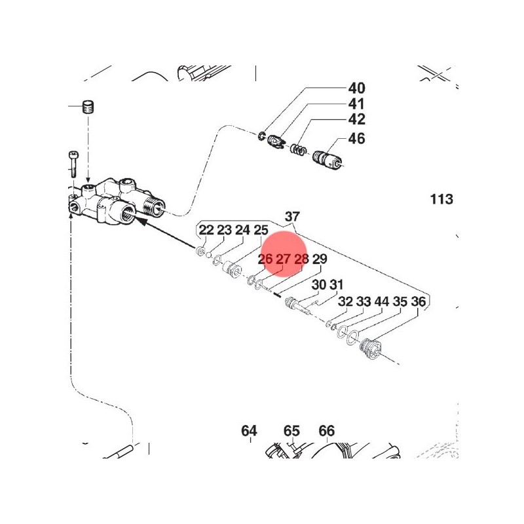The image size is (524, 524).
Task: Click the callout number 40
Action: click(x=356, y=88)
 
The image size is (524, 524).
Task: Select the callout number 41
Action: click(x=356, y=103)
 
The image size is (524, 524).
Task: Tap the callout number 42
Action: click(x=356, y=119)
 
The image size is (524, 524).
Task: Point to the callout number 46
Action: click(x=356, y=139)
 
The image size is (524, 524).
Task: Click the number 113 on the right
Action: click(x=441, y=199)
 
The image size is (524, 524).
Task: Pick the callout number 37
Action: click(x=292, y=217)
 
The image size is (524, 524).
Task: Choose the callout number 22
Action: click(x=206, y=230)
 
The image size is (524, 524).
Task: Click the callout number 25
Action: click(x=261, y=230)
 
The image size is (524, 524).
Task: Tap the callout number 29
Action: click(x=319, y=259)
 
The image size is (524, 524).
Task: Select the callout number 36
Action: click(x=418, y=301)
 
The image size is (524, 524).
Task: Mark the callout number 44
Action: click(x=382, y=301)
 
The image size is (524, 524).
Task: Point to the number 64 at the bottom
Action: click(x=249, y=431)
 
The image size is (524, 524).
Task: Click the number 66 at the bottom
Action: click(x=326, y=431)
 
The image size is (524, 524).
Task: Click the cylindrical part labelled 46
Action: click(x=327, y=160)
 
